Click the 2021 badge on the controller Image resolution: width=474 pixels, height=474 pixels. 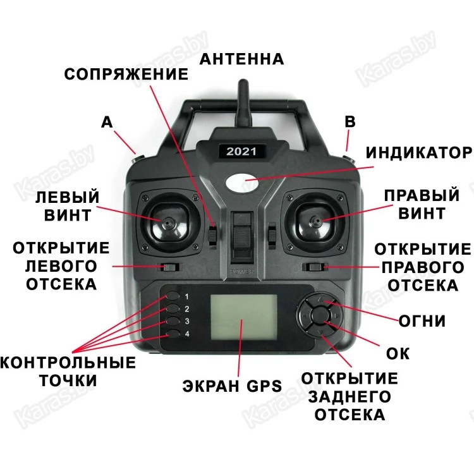[241, 151]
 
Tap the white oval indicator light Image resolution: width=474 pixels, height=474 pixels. [242, 183]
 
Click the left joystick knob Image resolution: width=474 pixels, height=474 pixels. [167, 223]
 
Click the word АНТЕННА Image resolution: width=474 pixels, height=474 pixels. [242, 59]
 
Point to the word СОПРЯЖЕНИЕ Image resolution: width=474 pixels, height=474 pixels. [126, 74]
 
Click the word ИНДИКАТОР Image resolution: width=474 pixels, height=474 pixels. [418, 153]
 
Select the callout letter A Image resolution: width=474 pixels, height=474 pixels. [107, 123]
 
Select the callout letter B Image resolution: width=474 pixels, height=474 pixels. [350, 122]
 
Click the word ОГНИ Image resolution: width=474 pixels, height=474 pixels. [422, 321]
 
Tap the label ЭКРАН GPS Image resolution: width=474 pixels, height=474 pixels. [232, 386]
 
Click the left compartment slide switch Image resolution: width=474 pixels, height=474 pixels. [170, 267]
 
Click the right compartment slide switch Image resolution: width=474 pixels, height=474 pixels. [315, 267]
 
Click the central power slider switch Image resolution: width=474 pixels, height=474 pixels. [242, 237]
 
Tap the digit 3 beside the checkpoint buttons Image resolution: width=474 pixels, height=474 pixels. [187, 321]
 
